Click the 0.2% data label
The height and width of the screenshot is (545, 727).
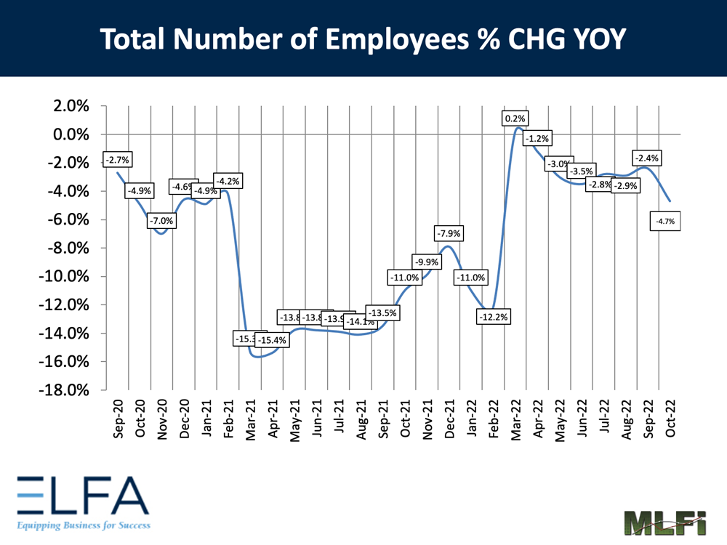pos(515,118)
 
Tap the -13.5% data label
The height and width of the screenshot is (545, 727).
pos(382,313)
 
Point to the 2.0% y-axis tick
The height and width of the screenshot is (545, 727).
pos(68,106)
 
